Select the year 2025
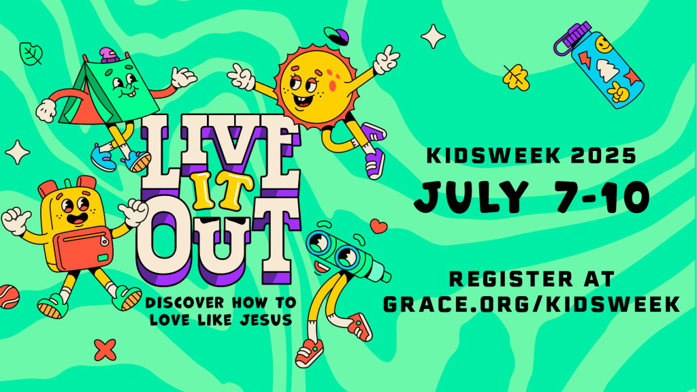(x=604, y=156)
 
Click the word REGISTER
(x=511, y=279)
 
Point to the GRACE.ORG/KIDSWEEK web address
(x=532, y=304)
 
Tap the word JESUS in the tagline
(x=266, y=320)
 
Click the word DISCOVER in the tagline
(x=185, y=303)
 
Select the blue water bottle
(x=599, y=65)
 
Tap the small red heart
(x=378, y=226)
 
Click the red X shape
(x=106, y=350)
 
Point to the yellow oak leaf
(x=516, y=78)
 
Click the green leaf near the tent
(x=31, y=54)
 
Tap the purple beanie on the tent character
(x=109, y=56)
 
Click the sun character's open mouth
(x=303, y=100)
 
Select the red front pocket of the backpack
(x=84, y=248)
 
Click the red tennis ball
(x=9, y=297)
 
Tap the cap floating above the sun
(x=336, y=35)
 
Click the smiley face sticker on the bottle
(x=604, y=45)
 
